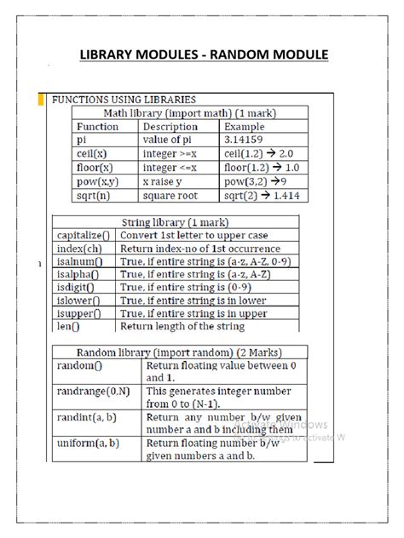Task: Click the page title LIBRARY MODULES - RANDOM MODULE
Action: pyautogui.click(x=203, y=54)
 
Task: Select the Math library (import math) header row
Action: pyautogui.click(x=189, y=112)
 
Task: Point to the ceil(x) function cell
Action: pyautogui.click(x=91, y=153)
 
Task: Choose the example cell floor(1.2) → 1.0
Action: pyautogui.click(x=262, y=167)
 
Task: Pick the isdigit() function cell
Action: pyautogui.click(x=78, y=288)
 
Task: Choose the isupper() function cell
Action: pyautogui.click(x=79, y=312)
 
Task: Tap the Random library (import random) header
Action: pyautogui.click(x=179, y=352)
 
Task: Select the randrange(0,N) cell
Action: pyautogui.click(x=93, y=391)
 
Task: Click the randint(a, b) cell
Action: pyautogui.click(x=89, y=417)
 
